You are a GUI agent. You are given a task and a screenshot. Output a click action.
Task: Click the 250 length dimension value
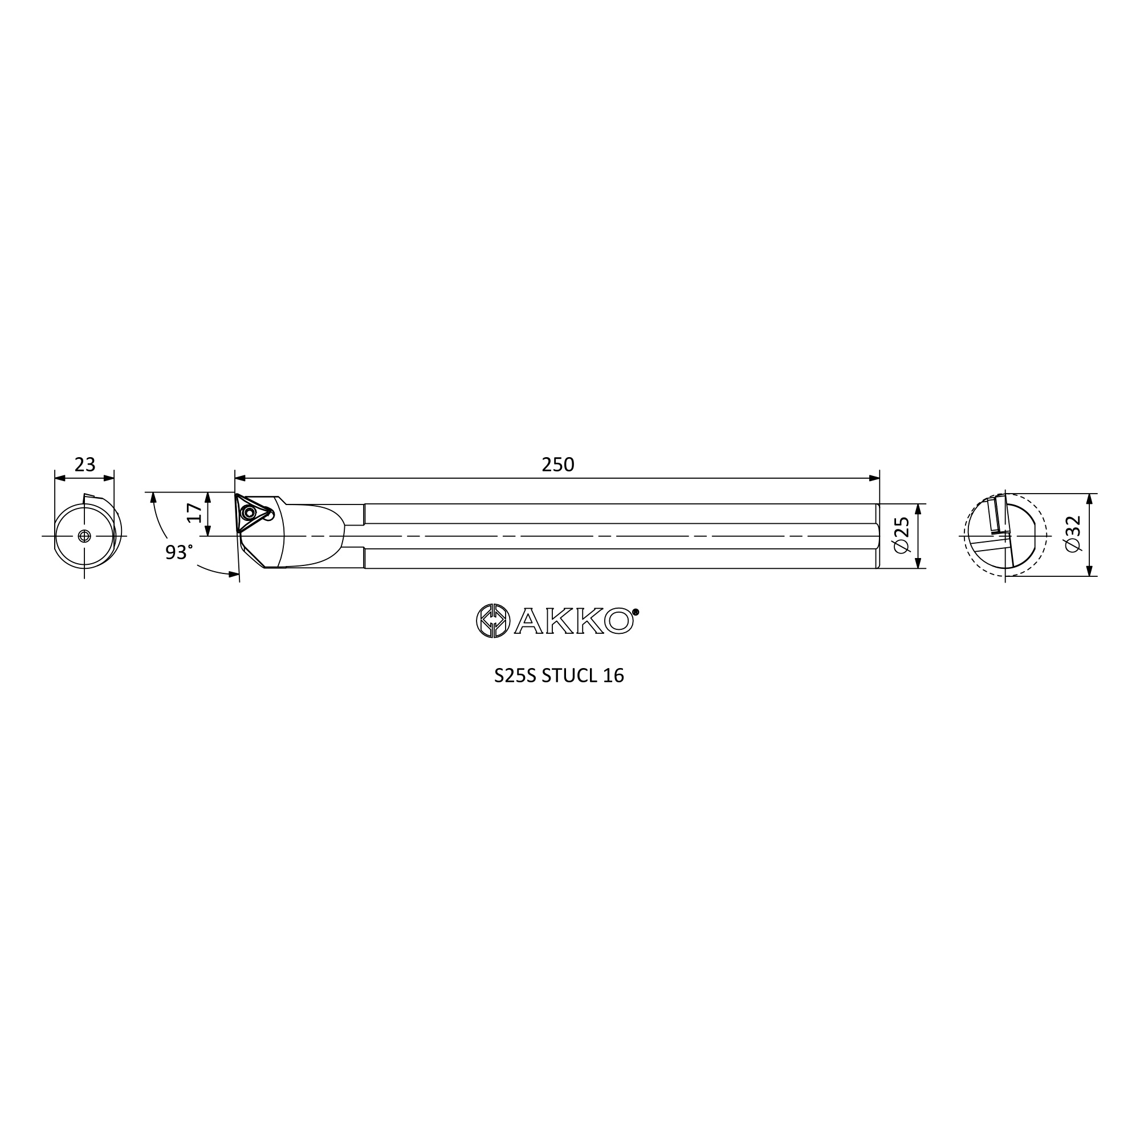click(x=557, y=465)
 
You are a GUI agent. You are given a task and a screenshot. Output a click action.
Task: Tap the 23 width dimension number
click(x=85, y=465)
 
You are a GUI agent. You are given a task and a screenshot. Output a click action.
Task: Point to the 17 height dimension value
click(x=194, y=513)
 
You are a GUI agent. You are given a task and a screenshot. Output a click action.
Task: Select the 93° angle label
click(x=178, y=552)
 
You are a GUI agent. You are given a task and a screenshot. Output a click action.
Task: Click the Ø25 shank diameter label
click(x=902, y=536)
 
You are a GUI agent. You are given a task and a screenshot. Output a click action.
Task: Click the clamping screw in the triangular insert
click(x=250, y=513)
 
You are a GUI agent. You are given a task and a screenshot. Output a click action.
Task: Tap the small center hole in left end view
click(x=84, y=536)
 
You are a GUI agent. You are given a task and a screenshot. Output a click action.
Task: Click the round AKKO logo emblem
click(x=492, y=621)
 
